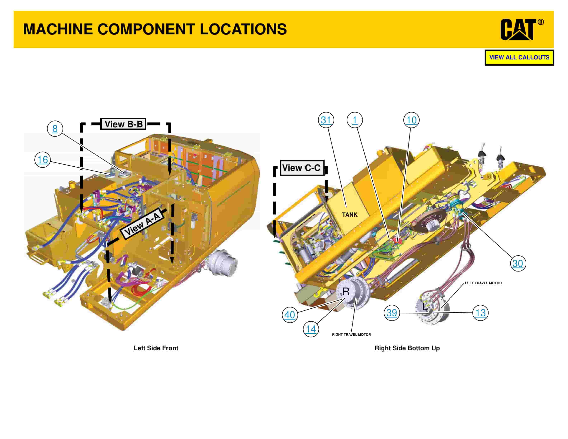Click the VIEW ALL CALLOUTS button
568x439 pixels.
pyautogui.click(x=519, y=58)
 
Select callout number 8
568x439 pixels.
pyautogui.click(x=55, y=128)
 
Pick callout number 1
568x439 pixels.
pyautogui.click(x=354, y=120)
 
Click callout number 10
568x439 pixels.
pyautogui.click(x=411, y=120)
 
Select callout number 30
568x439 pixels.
pyautogui.click(x=518, y=263)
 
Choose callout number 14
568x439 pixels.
pyautogui.click(x=311, y=329)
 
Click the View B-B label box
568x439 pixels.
pyautogui.click(x=124, y=124)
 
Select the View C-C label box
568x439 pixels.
pyautogui.click(x=302, y=168)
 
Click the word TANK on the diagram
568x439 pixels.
pyautogui.click(x=350, y=214)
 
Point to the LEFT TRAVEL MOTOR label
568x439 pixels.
pyautogui.click(x=483, y=283)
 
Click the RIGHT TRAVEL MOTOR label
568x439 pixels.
pyautogui.click(x=351, y=334)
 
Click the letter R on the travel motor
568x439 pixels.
pyautogui.click(x=346, y=292)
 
